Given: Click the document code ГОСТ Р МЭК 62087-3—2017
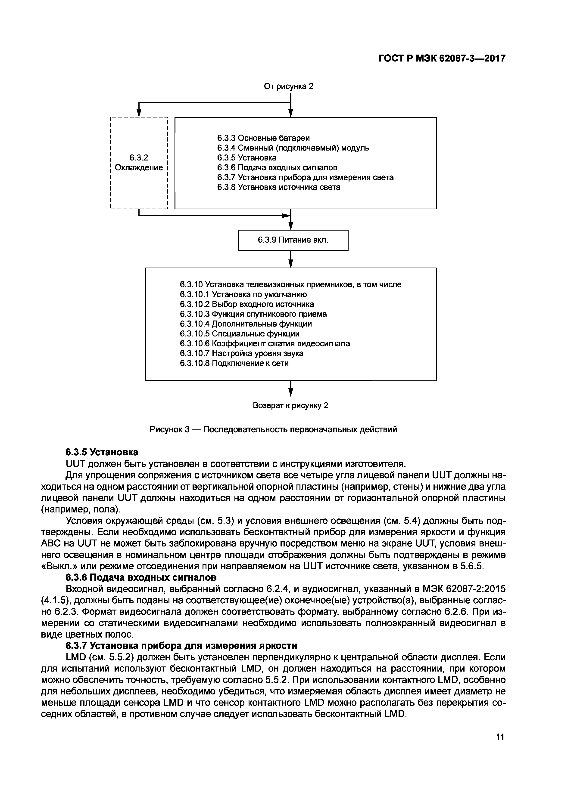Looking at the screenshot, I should [442, 58].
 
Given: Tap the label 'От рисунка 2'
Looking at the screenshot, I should [289, 86].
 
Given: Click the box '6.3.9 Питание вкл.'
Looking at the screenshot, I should [293, 240].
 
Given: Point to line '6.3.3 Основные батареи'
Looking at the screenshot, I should [263, 138].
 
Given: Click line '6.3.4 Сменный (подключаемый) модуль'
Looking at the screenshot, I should [293, 148].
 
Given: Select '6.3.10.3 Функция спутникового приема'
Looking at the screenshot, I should [253, 314].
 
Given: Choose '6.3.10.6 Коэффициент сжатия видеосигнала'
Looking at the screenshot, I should [265, 343].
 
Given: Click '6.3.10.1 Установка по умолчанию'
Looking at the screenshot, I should [243, 294].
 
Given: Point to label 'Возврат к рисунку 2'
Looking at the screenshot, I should [290, 406].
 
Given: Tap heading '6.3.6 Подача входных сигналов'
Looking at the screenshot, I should [141, 577].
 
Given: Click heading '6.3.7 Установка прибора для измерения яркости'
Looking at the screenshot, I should [181, 645].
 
